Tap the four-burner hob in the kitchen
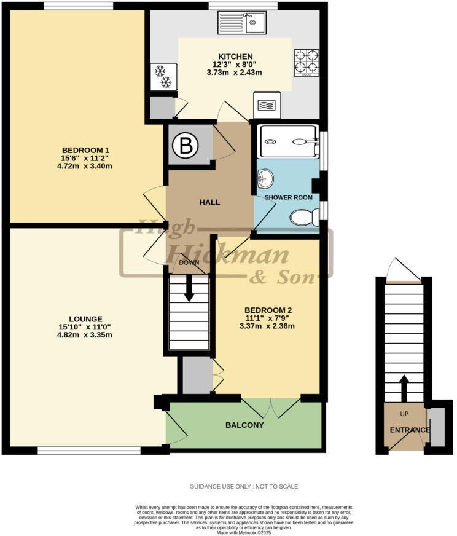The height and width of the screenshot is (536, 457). (306, 61)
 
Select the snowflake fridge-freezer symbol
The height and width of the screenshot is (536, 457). (163, 77)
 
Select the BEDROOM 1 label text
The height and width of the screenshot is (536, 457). (85, 150)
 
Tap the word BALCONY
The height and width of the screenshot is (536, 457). (244, 425)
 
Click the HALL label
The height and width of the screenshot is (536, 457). (209, 202)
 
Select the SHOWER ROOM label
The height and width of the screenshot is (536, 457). (288, 197)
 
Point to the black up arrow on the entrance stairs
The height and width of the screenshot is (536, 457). (404, 388)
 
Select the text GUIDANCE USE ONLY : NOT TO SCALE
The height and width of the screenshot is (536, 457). (244, 486)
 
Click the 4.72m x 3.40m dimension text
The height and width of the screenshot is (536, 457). (85, 166)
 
